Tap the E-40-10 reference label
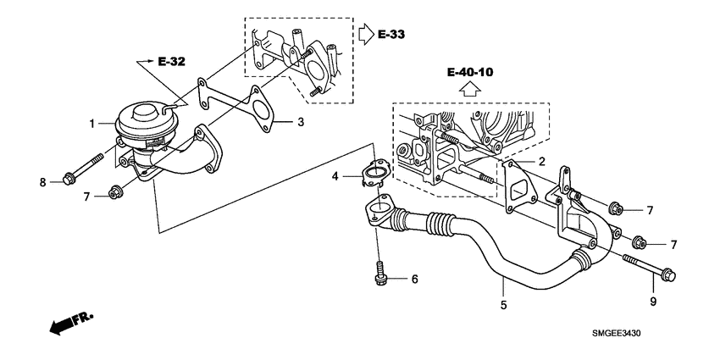tap(469, 73)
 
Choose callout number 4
tap(335, 176)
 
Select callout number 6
tap(415, 278)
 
